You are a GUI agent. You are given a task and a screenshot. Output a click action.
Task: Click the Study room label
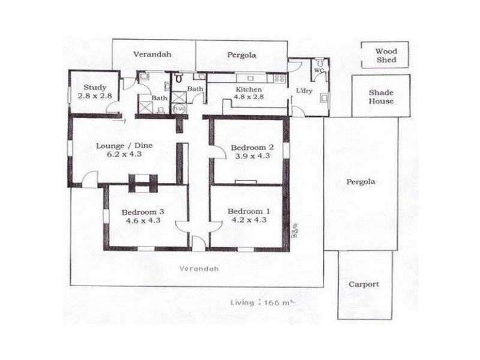(x=95, y=88)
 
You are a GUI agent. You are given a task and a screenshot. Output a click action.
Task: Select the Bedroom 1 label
(x=246, y=211)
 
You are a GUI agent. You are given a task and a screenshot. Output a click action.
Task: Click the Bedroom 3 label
(x=143, y=212)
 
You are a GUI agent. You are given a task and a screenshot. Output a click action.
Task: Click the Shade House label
(x=381, y=97)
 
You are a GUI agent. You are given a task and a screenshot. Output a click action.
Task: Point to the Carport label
(x=364, y=284)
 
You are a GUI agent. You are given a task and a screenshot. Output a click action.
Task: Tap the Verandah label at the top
(x=152, y=54)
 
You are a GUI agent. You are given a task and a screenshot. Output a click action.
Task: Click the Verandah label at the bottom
(x=199, y=269)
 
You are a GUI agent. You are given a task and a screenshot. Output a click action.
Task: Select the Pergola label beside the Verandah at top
(x=242, y=55)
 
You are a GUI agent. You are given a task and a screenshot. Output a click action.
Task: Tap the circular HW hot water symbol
(x=178, y=109)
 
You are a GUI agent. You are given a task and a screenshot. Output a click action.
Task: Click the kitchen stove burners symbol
(x=278, y=78)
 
